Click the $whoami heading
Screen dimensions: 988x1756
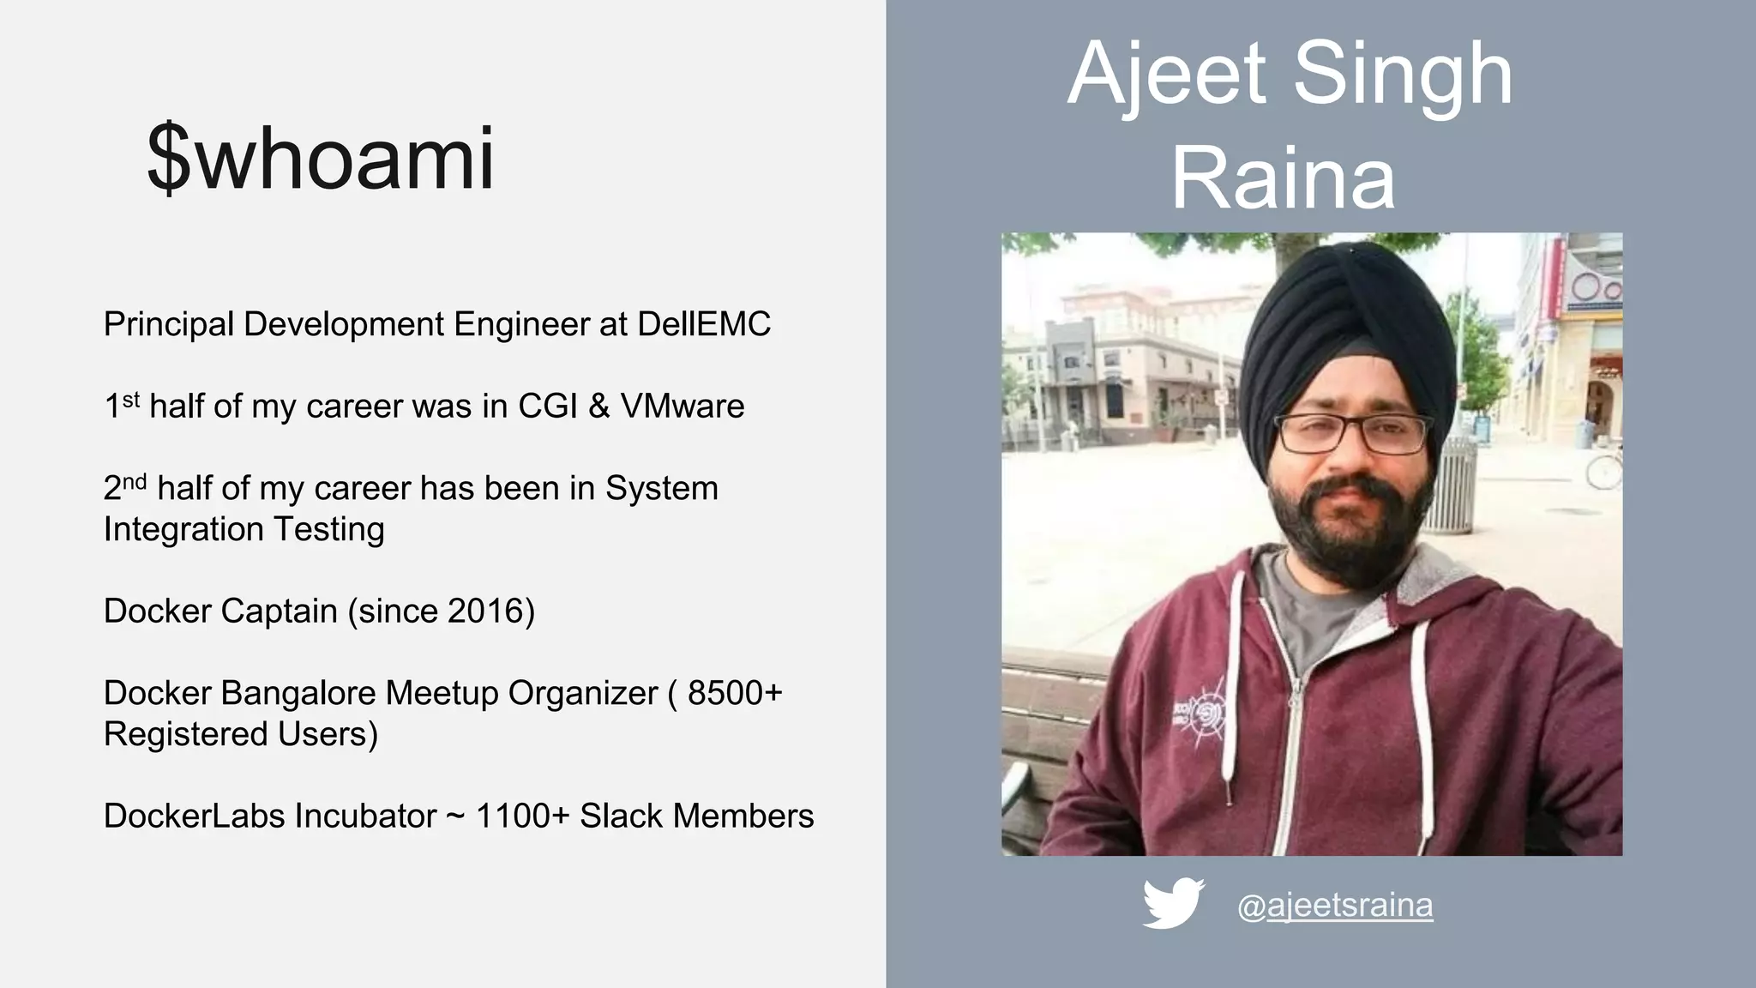click(321, 160)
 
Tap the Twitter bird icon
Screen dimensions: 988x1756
click(1173, 902)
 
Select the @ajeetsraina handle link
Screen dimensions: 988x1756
click(1334, 905)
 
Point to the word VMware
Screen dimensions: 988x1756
click(683, 407)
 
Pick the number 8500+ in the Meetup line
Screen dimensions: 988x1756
click(735, 693)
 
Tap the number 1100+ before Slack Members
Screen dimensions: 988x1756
click(522, 816)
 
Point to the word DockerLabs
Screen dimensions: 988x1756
click(194, 816)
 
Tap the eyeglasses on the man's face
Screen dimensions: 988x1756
click(1352, 433)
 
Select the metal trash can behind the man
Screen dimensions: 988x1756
click(1451, 485)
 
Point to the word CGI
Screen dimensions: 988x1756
click(547, 407)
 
